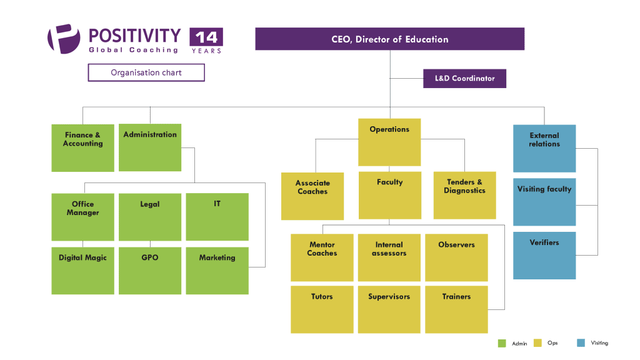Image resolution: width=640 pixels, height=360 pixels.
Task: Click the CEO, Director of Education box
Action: click(389, 39)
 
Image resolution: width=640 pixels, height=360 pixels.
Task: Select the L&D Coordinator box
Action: click(464, 78)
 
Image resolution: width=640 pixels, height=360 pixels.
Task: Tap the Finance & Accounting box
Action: click(82, 148)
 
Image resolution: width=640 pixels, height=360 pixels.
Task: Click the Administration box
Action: click(150, 147)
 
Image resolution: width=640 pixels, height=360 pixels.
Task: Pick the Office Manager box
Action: click(82, 217)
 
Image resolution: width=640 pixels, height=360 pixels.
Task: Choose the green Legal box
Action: click(150, 217)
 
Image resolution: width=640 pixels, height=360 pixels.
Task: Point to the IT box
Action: click(217, 217)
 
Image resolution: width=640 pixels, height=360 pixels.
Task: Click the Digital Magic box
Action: click(82, 271)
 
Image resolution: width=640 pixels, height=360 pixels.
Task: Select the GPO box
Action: click(150, 271)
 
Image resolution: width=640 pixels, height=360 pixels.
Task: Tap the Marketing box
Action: click(217, 271)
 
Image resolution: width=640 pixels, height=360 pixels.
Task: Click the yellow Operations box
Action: click(389, 142)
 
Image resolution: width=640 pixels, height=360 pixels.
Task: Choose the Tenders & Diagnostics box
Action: click(464, 196)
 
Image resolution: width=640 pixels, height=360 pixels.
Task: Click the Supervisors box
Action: click(389, 309)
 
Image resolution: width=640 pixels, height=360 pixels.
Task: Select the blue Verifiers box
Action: click(544, 255)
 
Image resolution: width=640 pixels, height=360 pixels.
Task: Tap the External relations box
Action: click(544, 148)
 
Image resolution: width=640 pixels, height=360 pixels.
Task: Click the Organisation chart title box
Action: click(146, 72)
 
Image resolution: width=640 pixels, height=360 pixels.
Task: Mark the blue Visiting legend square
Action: click(581, 343)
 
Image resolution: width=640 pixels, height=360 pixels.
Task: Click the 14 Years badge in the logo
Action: click(206, 41)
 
